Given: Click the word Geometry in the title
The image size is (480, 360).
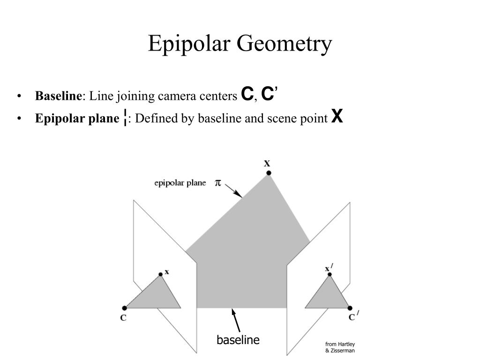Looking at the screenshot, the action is tap(285, 44).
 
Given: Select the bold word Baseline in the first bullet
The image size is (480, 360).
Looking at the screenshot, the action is tap(58, 97).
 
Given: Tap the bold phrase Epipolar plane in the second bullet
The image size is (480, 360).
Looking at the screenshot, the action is tap(77, 119).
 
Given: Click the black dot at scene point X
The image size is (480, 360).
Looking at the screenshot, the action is tap(269, 173).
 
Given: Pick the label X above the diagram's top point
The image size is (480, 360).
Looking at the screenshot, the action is tap(267, 164).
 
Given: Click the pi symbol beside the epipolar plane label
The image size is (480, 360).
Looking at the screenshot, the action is tap(218, 182).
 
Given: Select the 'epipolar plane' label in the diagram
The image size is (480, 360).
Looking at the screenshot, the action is tap(180, 183).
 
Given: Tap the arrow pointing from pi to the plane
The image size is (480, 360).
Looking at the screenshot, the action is tap(233, 191).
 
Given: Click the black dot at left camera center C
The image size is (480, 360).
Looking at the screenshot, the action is tap(124, 308).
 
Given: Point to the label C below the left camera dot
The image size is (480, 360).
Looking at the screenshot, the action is tap(123, 318).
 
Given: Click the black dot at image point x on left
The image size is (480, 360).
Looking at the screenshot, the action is tap(160, 274).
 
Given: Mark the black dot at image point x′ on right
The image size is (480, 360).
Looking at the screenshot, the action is tap(330, 274).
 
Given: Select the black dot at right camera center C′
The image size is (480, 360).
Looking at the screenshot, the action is tap(350, 308).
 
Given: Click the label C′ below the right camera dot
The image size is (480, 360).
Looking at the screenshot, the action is tap(352, 317).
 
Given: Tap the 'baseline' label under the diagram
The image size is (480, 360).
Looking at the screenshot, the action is tap(238, 340).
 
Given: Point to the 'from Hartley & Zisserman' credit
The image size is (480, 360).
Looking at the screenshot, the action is tap(340, 347).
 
